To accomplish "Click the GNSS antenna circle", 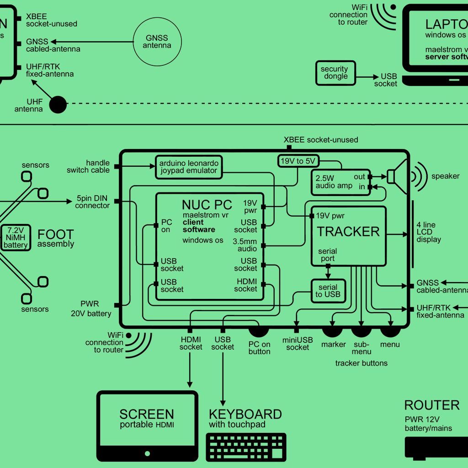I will (x=157, y=42).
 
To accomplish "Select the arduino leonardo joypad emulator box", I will (x=188, y=167).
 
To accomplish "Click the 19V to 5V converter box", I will (x=298, y=160).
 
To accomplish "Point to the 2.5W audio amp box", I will (x=341, y=182).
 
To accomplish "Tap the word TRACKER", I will (x=348, y=232).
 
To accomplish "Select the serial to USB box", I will (x=328, y=291).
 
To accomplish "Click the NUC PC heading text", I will (x=207, y=205).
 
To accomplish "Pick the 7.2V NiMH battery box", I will (x=16, y=238).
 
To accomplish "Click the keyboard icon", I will (x=246, y=447).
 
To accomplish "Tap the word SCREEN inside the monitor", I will (x=147, y=414).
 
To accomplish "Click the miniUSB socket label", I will (x=298, y=344).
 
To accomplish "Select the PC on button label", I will (x=260, y=348).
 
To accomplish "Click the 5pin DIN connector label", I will (x=93, y=202).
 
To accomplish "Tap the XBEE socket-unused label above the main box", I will (x=321, y=139).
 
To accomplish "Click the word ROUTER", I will (x=431, y=405).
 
